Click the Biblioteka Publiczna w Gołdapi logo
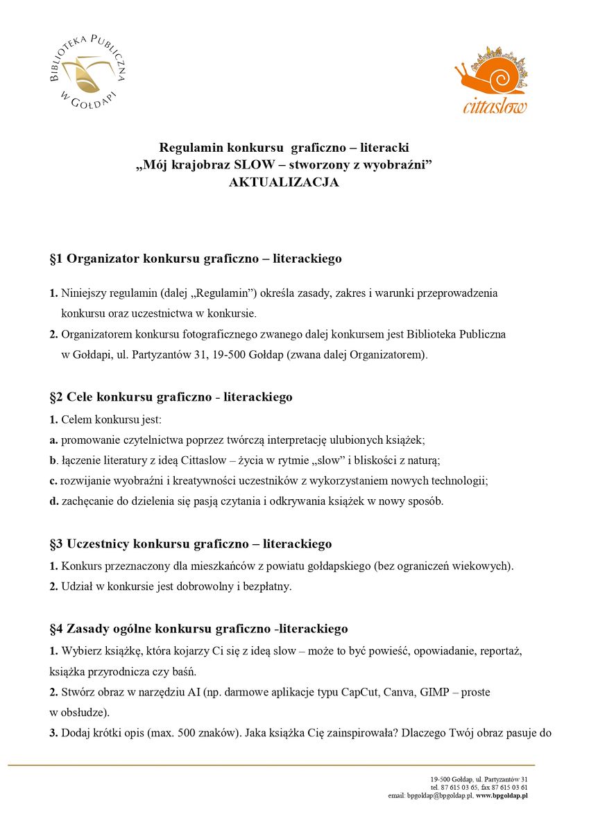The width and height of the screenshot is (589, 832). coord(87,72)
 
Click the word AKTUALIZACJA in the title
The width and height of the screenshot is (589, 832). coord(284,183)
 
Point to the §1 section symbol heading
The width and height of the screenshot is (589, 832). coord(56,259)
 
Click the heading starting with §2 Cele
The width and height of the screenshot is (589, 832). coord(171,397)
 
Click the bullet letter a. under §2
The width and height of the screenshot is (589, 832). coord(53,440)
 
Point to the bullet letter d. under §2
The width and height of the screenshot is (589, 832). coord(53,501)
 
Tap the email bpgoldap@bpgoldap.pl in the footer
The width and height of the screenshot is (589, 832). coord(439,796)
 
